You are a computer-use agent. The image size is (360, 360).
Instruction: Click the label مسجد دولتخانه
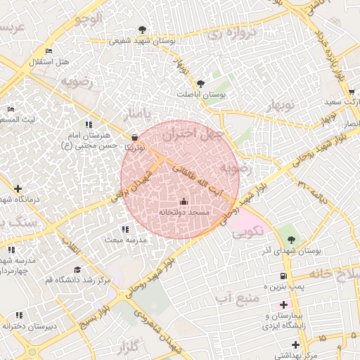[184, 212]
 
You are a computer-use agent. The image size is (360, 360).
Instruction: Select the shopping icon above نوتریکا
[135, 138]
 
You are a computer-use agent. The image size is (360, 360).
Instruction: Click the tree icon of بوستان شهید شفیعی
[143, 30]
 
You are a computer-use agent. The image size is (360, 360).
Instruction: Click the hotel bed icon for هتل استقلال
[48, 52]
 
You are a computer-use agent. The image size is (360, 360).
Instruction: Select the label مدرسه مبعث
[125, 239]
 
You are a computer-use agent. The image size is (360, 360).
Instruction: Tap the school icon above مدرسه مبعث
[125, 229]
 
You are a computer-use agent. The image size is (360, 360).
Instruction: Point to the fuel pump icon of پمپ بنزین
[283, 276]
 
